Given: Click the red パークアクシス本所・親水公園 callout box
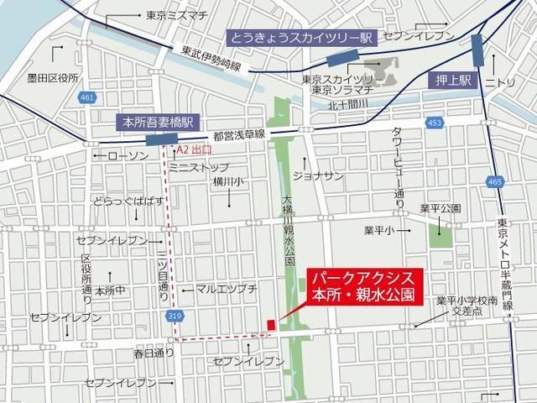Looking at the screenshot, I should click(x=363, y=288).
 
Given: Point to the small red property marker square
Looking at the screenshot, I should click(x=271, y=325).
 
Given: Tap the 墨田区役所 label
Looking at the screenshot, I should click(x=52, y=78).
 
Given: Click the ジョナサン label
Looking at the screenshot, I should click(x=318, y=175).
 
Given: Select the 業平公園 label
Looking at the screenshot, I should click(x=440, y=207).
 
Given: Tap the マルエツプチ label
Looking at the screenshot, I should click(x=227, y=288).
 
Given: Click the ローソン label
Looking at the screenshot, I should click(x=129, y=155).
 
